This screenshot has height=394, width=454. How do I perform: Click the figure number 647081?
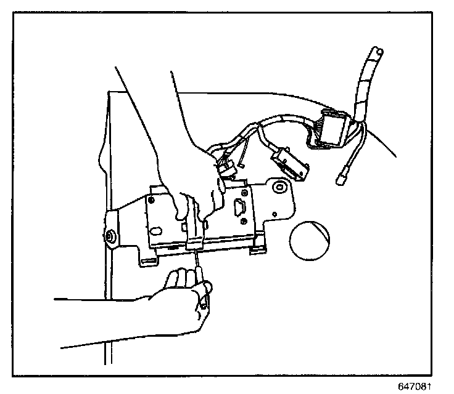pos(421,386)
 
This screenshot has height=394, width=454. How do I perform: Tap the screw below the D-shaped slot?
pos(246,221)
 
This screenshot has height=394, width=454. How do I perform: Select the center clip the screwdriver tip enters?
pos(194,241)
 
